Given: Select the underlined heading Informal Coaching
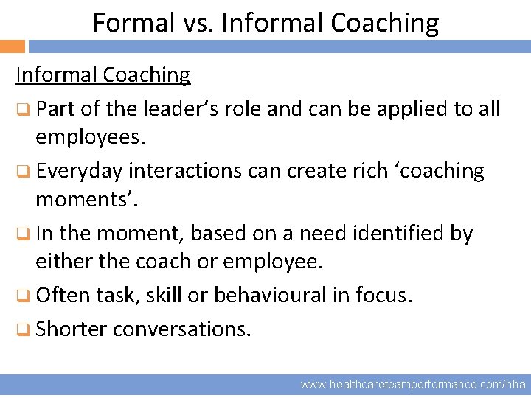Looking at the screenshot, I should click(x=103, y=74).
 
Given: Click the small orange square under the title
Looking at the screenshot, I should click(x=13, y=46).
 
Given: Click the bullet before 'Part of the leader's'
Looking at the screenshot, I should click(x=24, y=110).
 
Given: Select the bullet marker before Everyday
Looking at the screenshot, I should click(x=24, y=172).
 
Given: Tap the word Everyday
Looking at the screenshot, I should click(x=79, y=171).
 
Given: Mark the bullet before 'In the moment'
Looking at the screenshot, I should click(x=24, y=234).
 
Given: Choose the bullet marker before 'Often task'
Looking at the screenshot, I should click(x=24, y=296).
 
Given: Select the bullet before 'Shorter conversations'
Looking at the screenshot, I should click(x=24, y=329).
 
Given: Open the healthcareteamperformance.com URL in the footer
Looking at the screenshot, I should click(x=413, y=385).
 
